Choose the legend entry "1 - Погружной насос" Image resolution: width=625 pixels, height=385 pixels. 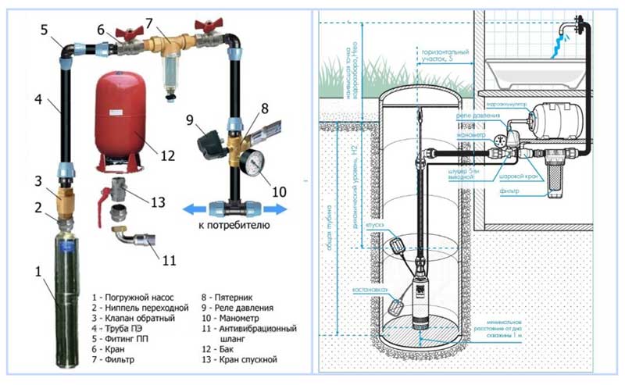point(132,298)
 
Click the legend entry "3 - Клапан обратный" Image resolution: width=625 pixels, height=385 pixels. point(130,320)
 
